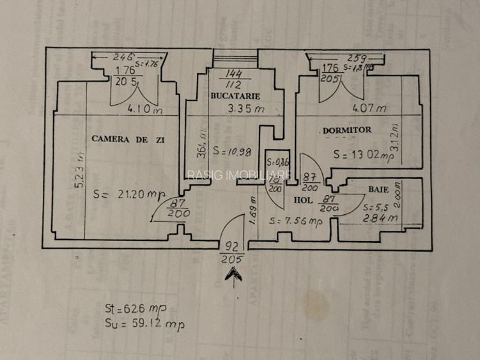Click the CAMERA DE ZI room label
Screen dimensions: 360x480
124,138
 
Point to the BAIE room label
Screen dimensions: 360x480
378,190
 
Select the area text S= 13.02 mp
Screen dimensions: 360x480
361,154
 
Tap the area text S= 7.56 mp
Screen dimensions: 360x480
295,221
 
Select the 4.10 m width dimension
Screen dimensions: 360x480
144,109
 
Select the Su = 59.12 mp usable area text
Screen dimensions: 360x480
144,324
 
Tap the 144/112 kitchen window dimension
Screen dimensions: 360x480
233,78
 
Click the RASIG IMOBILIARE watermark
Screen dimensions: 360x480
240,175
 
